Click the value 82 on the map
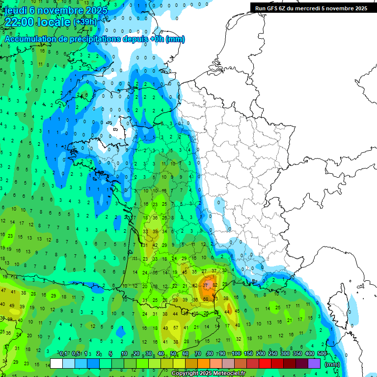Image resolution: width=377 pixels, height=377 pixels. click(215, 285)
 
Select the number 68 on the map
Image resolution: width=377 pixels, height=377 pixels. click(206, 299)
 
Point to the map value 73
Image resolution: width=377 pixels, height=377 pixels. click(216, 299)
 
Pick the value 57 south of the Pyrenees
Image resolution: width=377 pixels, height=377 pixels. click(175, 327)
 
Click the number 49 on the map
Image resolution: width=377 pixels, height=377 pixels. click(165, 327)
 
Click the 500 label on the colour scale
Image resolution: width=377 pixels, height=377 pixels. click(322, 353)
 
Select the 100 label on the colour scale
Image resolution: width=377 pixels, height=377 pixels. click(236, 353)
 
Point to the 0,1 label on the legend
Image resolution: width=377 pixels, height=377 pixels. click(63, 353)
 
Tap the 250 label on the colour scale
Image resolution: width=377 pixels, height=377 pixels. click(273, 353)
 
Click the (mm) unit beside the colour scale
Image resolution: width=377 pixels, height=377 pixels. click(332, 364)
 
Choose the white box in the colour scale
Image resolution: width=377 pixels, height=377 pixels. click(56, 364)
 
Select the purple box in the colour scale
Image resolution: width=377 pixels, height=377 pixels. click(314, 364)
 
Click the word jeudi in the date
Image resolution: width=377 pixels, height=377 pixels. click(15, 10)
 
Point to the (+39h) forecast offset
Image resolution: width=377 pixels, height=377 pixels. click(85, 23)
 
